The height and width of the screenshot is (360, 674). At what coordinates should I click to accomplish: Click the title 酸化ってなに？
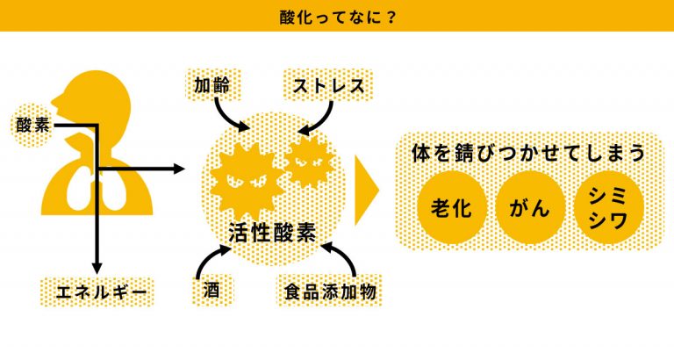337,16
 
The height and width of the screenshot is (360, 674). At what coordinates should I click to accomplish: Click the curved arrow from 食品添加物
341,260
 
